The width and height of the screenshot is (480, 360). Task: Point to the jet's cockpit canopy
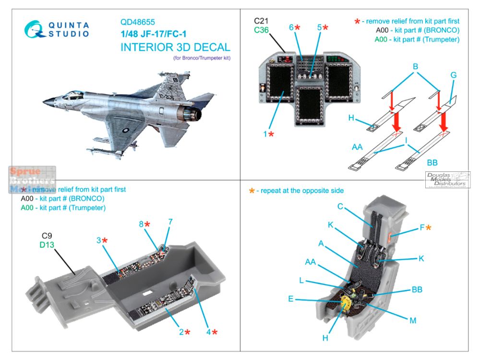tap(72, 95)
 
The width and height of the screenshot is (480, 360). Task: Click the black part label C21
tap(262, 22)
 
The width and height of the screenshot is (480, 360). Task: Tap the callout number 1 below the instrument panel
tap(264, 134)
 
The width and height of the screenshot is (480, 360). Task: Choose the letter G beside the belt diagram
tap(453, 75)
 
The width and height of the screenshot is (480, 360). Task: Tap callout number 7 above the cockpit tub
tap(170, 222)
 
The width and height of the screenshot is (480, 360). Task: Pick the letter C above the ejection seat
tap(340, 206)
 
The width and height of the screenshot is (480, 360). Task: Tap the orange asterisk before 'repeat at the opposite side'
tap(251, 191)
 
